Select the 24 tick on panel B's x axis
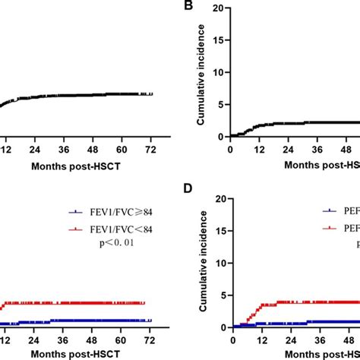click(x=286, y=149)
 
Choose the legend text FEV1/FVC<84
click(x=117, y=231)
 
